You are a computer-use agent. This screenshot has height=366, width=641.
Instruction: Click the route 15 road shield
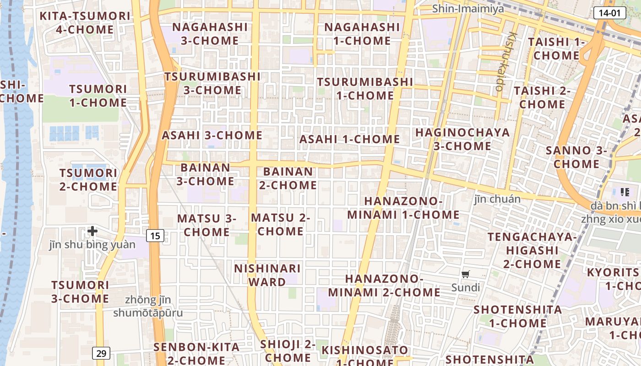pos(156,236)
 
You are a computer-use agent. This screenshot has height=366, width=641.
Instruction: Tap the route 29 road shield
pos(101,353)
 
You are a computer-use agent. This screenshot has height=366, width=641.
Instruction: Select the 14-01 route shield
pos(609,13)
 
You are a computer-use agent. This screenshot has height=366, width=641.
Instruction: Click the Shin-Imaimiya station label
pos(468,9)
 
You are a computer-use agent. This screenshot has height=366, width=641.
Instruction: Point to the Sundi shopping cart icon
pos(466,274)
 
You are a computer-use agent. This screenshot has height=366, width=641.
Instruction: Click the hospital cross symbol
pos(92,231)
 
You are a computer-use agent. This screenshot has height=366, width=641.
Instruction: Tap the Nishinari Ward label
pos(267,275)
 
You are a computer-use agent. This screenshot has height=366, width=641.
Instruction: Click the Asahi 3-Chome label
pos(212,135)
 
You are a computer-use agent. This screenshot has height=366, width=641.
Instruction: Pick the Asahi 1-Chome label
pos(350,139)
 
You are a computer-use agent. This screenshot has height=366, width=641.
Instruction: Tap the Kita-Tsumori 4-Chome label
pos(85,23)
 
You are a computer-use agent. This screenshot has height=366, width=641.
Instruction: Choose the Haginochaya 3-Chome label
pos(462,139)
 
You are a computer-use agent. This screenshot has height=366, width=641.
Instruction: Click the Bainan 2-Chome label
pos(288,178)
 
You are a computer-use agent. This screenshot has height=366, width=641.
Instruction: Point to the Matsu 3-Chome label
pos(206,225)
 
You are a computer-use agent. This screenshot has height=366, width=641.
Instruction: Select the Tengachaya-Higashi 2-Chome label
pos(532,250)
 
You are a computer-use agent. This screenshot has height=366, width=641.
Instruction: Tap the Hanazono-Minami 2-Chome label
pos(384,285)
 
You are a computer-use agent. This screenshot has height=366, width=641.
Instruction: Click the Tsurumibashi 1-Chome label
pos(365,89)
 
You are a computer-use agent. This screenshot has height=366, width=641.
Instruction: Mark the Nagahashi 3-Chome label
pos(210,34)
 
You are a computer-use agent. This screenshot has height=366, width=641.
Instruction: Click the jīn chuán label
pos(498,199)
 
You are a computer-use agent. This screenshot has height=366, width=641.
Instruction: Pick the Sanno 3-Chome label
pos(576,157)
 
